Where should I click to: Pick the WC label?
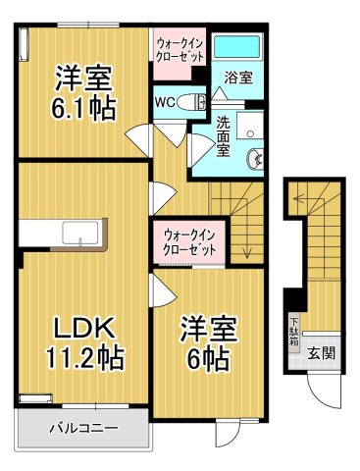click(165, 101)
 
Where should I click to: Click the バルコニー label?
click(83, 429)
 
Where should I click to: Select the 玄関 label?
click(319, 353)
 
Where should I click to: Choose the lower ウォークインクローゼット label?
click(189, 240)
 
